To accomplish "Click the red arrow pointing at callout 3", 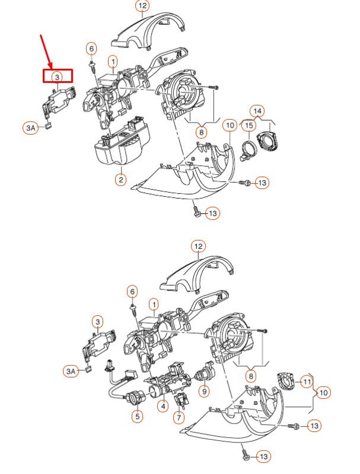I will tap(46, 51).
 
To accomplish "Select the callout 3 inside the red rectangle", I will tap(57, 76).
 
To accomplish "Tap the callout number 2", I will tap(120, 179).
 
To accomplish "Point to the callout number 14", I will tap(256, 111).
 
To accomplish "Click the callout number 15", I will tap(249, 126).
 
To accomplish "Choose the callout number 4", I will tap(162, 406).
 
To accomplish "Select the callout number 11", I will tap(306, 381).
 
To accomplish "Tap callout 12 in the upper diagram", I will tap(142, 7).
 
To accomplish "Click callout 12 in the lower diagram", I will tap(198, 246).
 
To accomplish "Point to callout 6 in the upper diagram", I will tap(91, 48).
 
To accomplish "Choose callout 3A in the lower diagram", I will tap(71, 371).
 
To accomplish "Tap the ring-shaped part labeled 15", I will tap(250, 148).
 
